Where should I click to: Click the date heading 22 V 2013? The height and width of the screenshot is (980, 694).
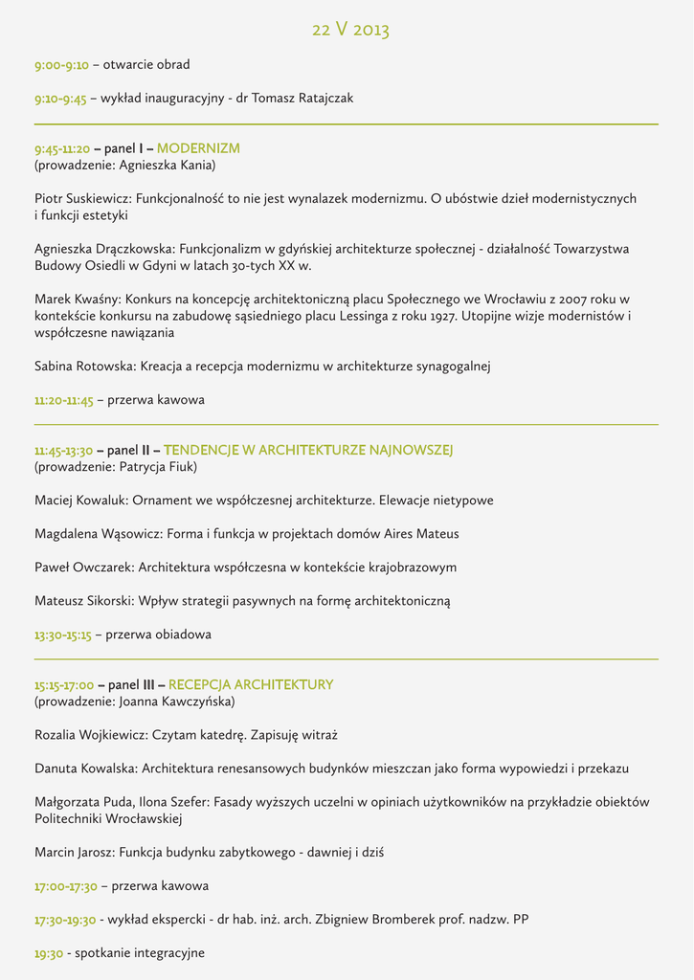(350, 30)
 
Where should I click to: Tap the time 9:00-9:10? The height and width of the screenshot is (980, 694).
(61, 65)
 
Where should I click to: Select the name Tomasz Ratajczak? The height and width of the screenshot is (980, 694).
(302, 99)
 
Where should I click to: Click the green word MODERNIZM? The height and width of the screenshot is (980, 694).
(198, 148)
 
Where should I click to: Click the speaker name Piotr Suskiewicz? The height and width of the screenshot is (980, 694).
(81, 199)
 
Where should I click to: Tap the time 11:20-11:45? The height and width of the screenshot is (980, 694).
(63, 400)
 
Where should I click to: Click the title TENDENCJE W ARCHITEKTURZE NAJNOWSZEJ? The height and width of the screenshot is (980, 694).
(308, 450)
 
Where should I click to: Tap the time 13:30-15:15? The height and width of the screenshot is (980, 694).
(62, 635)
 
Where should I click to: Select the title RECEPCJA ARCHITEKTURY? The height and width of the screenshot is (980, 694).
(251, 684)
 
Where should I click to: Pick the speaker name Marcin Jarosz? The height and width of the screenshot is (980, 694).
(74, 852)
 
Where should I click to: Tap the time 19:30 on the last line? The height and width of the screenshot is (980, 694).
(49, 953)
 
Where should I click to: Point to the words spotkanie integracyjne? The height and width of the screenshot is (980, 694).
(140, 953)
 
